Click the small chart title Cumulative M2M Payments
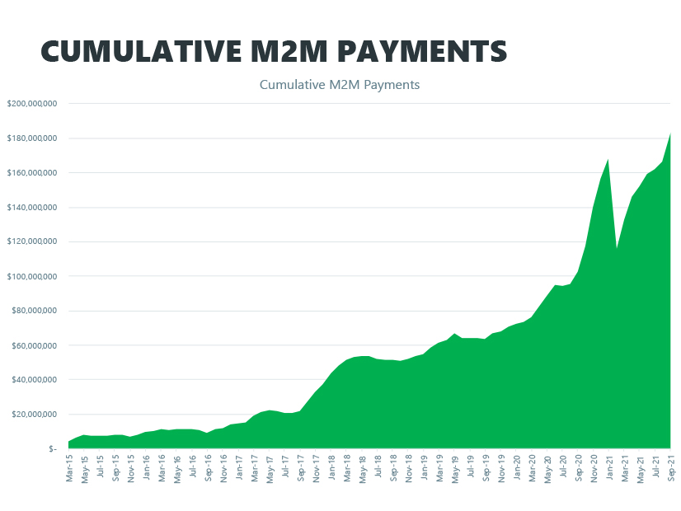pyautogui.click(x=340, y=85)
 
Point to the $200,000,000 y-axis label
pyautogui.click(x=31, y=104)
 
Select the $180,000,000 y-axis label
pyautogui.click(x=31, y=138)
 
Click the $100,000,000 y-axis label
pyautogui.click(x=31, y=276)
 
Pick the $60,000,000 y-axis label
pyautogui.click(x=34, y=345)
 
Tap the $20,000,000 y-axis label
pyautogui.click(x=34, y=415)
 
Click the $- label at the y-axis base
pyautogui.click(x=52, y=449)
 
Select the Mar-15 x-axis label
pyautogui.click(x=70, y=467)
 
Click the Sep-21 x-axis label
pyautogui.click(x=671, y=467)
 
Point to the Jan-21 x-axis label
pyautogui.click(x=609, y=467)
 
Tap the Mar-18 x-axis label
pyautogui.click(x=347, y=467)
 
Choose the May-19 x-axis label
pyautogui.click(x=455, y=467)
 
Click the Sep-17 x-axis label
pyautogui.click(x=301, y=467)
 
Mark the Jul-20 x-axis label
pyautogui.click(x=563, y=467)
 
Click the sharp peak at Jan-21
pyautogui.click(x=608, y=160)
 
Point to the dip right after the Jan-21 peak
pyautogui.click(x=617, y=248)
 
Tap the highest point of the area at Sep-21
pyautogui.click(x=670, y=134)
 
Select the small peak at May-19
pyautogui.click(x=454, y=334)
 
